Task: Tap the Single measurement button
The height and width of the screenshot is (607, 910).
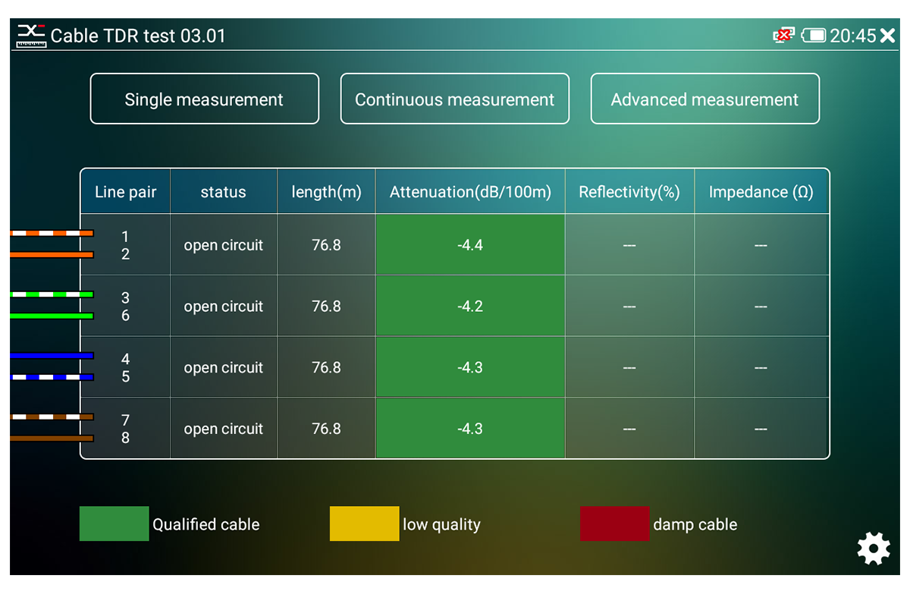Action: [x=204, y=99]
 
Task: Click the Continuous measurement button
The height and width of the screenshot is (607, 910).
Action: [x=454, y=99]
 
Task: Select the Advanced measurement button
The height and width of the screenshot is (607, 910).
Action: [x=704, y=99]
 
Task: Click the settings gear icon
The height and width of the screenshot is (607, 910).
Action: [x=874, y=549]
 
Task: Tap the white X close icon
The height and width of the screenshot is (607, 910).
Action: [x=888, y=36]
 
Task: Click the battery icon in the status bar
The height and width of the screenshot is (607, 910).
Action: [x=813, y=36]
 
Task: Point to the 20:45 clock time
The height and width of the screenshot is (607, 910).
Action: [x=852, y=36]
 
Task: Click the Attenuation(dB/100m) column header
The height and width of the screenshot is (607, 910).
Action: [x=470, y=191]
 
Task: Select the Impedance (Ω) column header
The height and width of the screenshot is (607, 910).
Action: [x=761, y=191]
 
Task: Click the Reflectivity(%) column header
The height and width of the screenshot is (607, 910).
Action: [x=629, y=191]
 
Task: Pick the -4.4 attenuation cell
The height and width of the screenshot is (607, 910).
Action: [x=470, y=245]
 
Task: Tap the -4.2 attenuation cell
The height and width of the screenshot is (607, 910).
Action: [x=470, y=306]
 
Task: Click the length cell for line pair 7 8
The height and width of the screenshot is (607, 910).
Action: [x=326, y=428]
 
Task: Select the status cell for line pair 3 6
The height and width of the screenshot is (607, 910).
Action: [x=224, y=306]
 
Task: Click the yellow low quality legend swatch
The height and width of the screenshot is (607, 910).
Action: [x=365, y=524]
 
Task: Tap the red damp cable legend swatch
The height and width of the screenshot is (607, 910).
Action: [x=615, y=524]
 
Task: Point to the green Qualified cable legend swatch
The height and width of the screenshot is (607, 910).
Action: [x=115, y=524]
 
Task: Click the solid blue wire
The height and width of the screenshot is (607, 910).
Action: [x=52, y=356]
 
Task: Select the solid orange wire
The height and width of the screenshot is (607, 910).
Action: [x=52, y=255]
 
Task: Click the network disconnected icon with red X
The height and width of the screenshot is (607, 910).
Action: [x=783, y=36]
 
